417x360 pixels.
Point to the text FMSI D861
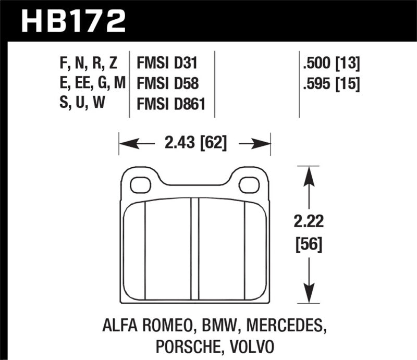[x=171, y=104]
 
